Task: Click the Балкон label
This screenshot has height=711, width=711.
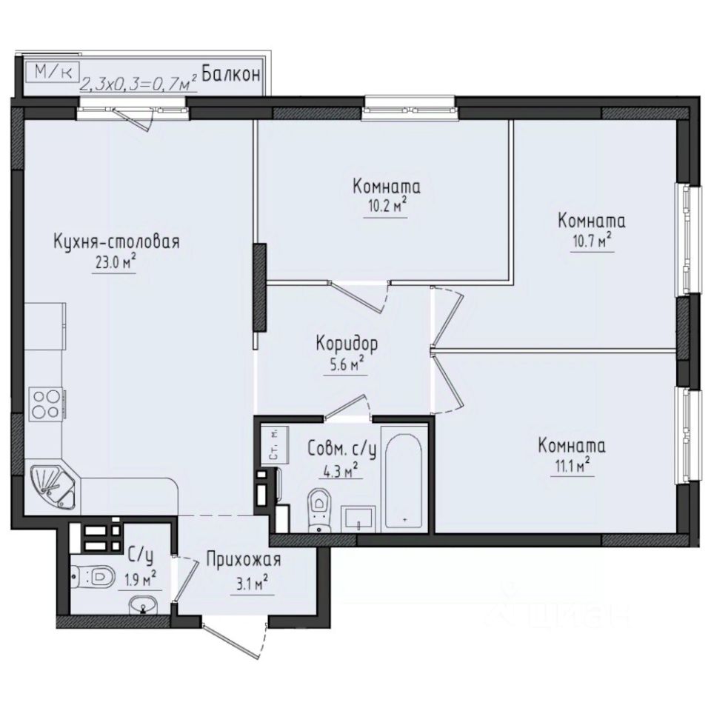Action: point(230,74)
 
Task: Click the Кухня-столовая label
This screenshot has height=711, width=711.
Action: point(117,242)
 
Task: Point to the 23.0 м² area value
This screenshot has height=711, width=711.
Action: point(114,262)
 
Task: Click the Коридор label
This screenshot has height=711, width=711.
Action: point(347,344)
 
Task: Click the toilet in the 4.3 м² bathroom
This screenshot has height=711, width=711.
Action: point(319,509)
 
